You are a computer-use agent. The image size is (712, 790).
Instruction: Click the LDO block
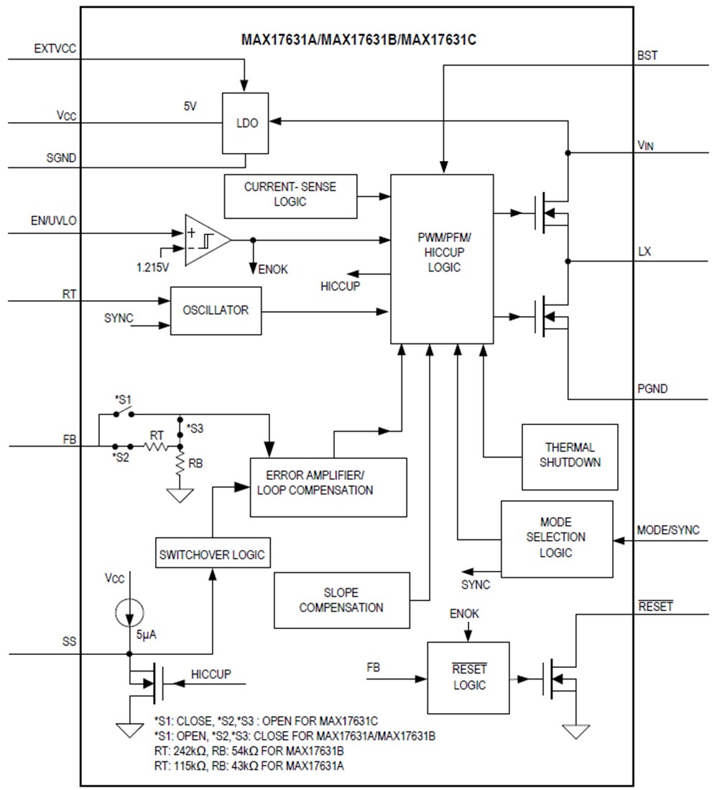[245, 123]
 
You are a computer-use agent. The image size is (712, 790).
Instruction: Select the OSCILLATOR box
[216, 310]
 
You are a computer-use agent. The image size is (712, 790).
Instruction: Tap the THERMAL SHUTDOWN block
[570, 455]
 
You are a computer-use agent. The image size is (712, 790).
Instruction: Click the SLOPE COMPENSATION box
[341, 600]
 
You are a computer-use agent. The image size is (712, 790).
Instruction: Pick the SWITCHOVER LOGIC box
[212, 554]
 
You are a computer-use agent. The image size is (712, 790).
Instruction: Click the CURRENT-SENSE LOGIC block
[290, 195]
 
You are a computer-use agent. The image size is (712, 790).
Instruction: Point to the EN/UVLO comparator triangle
[204, 240]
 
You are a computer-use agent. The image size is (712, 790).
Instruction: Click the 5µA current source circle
[129, 613]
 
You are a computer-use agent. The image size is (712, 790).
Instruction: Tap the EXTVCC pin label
[55, 49]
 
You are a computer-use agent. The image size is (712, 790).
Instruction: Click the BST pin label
[647, 55]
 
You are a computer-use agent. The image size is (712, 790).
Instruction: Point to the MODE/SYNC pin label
[667, 530]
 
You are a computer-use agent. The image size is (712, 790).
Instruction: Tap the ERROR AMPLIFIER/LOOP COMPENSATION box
[328, 486]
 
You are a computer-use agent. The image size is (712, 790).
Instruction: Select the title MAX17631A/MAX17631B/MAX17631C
[359, 39]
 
